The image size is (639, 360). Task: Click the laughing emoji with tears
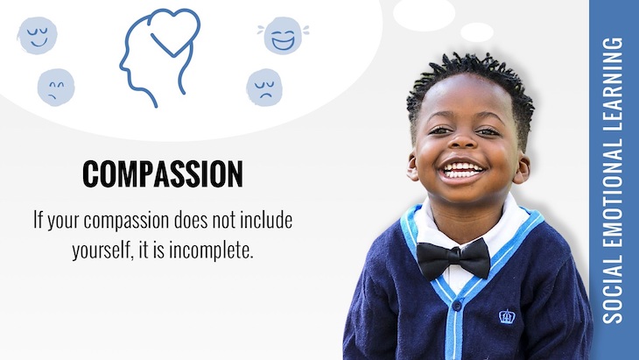pyautogui.click(x=282, y=36)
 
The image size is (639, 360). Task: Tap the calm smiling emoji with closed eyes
pyautogui.click(x=37, y=35)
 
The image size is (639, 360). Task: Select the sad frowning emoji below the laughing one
pyautogui.click(x=264, y=88)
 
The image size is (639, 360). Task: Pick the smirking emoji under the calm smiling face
pyautogui.click(x=55, y=88)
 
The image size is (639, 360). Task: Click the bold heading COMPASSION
pyautogui.click(x=162, y=174)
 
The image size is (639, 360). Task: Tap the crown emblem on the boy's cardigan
pyautogui.click(x=507, y=315)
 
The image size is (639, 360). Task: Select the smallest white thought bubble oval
pyautogui.click(x=476, y=32)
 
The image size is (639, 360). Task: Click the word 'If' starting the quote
pyautogui.click(x=39, y=219)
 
